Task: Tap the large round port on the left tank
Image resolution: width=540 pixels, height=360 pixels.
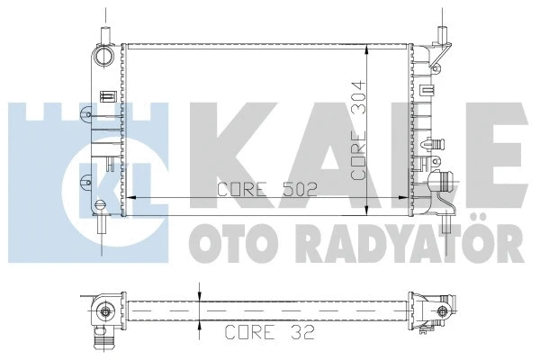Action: [x=106, y=53]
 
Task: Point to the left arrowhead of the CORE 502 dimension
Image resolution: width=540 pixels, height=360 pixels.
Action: [x=127, y=196]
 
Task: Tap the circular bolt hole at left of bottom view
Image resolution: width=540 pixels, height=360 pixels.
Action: [x=104, y=312]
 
